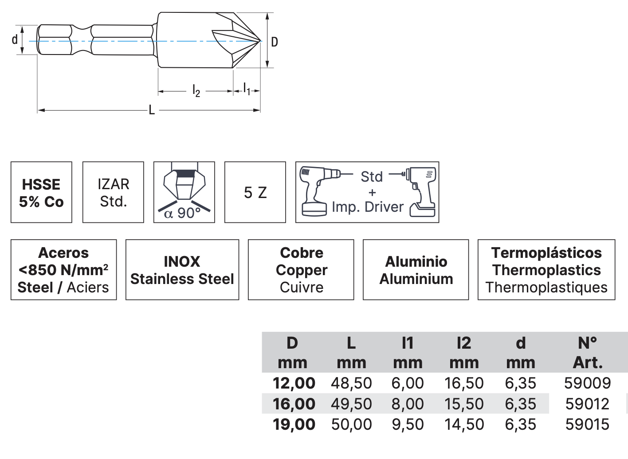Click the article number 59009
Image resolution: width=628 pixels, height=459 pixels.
(587, 383)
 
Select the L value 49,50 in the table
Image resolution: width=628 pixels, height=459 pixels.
(351, 404)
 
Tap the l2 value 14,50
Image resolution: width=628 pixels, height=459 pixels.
(464, 424)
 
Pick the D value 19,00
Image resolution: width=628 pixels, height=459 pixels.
(294, 424)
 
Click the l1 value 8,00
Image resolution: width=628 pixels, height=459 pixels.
(408, 404)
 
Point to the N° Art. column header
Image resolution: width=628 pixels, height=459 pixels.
(588, 352)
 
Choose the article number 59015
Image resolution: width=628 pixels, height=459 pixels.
(587, 424)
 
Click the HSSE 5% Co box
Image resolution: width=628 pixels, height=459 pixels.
(41, 192)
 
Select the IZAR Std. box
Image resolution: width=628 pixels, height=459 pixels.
(114, 192)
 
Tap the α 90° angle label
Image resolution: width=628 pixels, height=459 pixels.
(182, 214)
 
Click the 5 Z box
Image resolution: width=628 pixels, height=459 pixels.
(255, 192)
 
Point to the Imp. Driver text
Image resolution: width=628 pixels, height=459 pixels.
(368, 207)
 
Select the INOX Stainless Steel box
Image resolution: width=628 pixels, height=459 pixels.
(182, 270)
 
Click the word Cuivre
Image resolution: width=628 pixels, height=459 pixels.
(301, 287)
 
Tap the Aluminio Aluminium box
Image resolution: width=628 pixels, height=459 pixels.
(416, 270)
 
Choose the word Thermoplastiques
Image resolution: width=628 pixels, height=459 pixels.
(546, 287)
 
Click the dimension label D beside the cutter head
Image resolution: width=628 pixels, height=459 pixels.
(275, 42)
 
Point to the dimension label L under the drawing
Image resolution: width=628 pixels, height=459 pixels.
(152, 110)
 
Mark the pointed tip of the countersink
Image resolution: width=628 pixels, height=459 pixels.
(259, 41)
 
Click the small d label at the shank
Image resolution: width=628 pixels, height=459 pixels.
(15, 40)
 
